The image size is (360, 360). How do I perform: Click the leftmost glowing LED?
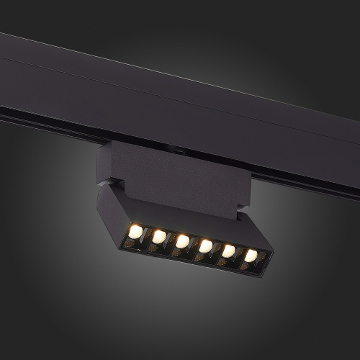point(135,230)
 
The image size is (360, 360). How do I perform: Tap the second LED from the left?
point(158,235)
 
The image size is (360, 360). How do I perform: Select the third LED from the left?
point(182,240)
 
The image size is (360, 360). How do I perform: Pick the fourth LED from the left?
point(205,246)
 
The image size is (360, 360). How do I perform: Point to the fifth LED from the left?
point(228,251)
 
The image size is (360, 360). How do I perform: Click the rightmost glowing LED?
point(250,255)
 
